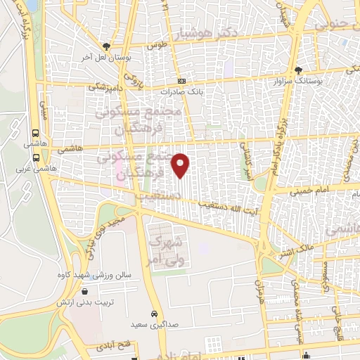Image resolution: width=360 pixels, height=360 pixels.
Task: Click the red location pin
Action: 181,165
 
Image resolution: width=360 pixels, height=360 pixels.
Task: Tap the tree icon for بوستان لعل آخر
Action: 106,44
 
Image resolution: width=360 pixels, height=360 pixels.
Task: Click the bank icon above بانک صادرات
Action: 181,81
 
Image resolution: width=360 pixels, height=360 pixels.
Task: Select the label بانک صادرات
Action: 181,91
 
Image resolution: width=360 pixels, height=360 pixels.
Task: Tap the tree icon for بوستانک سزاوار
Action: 298,70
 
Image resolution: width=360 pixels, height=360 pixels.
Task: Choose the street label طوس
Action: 155,45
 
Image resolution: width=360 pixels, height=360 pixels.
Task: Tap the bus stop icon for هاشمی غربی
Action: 36,157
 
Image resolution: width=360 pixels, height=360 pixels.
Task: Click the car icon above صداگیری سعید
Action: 154,314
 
